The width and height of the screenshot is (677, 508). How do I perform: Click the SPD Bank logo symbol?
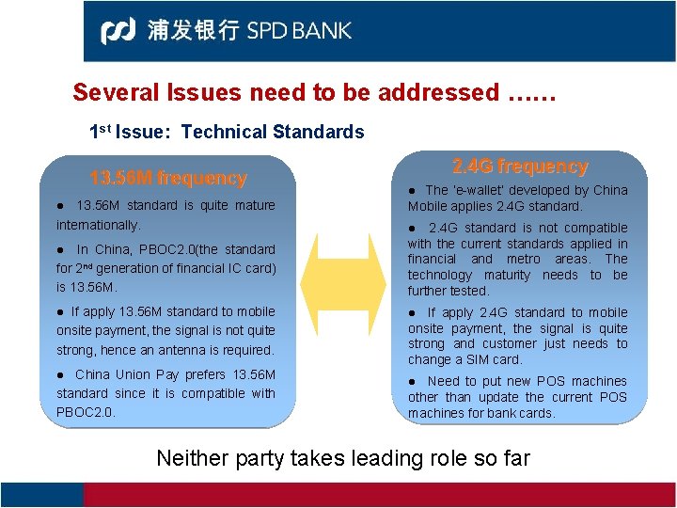click(x=119, y=31)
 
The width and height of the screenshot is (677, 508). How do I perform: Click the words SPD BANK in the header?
click(x=299, y=31)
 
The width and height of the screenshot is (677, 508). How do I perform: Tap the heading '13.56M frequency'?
click(x=167, y=178)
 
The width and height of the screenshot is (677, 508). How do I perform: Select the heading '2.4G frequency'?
click(x=520, y=167)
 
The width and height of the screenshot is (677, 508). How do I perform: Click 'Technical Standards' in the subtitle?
click(x=272, y=132)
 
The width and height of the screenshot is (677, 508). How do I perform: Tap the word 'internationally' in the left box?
click(x=97, y=225)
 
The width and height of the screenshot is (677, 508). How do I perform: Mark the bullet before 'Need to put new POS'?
click(x=412, y=381)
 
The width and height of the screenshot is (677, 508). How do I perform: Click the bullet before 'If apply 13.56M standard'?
click(x=60, y=311)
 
